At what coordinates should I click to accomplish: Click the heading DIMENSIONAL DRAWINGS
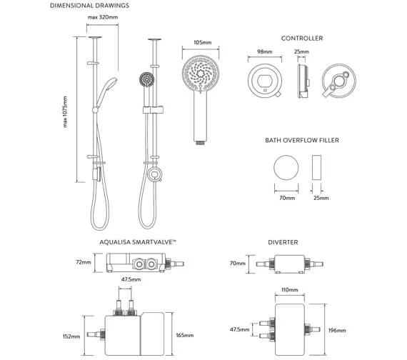[x=89, y=6]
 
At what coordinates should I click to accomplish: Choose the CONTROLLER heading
[x=301, y=38]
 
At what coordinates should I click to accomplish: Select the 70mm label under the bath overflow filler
[x=288, y=199]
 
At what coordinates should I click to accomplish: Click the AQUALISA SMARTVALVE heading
[x=139, y=243]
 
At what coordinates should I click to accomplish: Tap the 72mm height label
[x=84, y=263]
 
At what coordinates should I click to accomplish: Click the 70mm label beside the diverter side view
[x=237, y=263]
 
